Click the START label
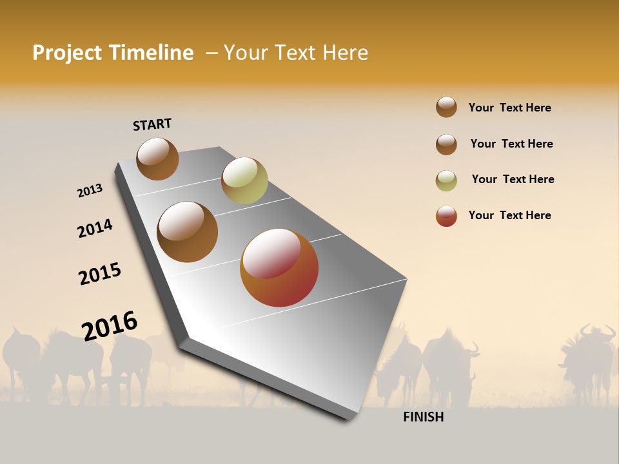pyautogui.click(x=152, y=124)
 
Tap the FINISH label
pyautogui.click(x=423, y=417)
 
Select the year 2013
pyautogui.click(x=90, y=191)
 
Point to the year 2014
pyautogui.click(x=95, y=229)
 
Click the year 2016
pyautogui.click(x=110, y=325)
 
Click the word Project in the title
pyautogui.click(x=68, y=53)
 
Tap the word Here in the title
pyautogui.click(x=345, y=53)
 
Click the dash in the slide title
pyautogui.click(x=211, y=53)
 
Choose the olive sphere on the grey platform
pyautogui.click(x=244, y=180)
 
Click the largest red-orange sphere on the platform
pyautogui.click(x=279, y=267)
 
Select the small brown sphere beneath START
pyautogui.click(x=157, y=159)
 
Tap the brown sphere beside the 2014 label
pyautogui.click(x=187, y=232)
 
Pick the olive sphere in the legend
pyautogui.click(x=446, y=181)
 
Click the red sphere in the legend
pyautogui.click(x=446, y=217)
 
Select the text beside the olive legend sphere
pyautogui.click(x=513, y=179)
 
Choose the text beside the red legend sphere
pyautogui.click(x=509, y=215)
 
